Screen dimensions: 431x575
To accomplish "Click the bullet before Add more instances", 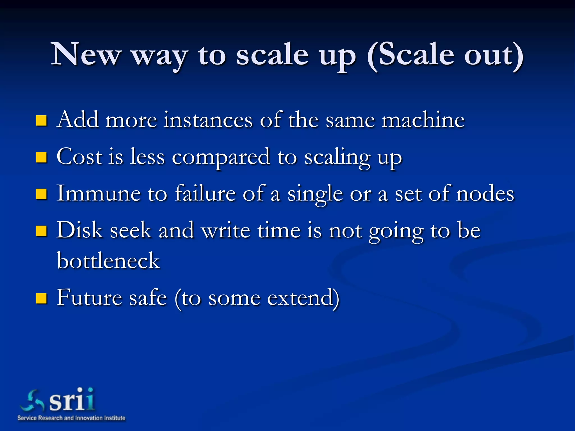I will click(x=41, y=120).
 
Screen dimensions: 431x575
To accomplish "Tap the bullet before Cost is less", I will click(x=41, y=157).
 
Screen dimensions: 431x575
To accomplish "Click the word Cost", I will click(x=79, y=157).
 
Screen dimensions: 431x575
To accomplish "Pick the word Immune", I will click(x=99, y=193).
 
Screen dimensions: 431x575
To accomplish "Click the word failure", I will click(x=205, y=193).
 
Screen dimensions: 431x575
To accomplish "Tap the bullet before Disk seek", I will click(x=41, y=231).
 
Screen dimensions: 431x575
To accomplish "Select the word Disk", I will click(x=79, y=230).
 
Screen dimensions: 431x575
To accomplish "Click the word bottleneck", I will click(x=108, y=260).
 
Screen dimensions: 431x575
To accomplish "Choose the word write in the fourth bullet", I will click(x=226, y=230).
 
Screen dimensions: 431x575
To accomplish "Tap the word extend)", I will click(x=303, y=298).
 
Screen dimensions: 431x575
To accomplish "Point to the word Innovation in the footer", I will click(x=88, y=418).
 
